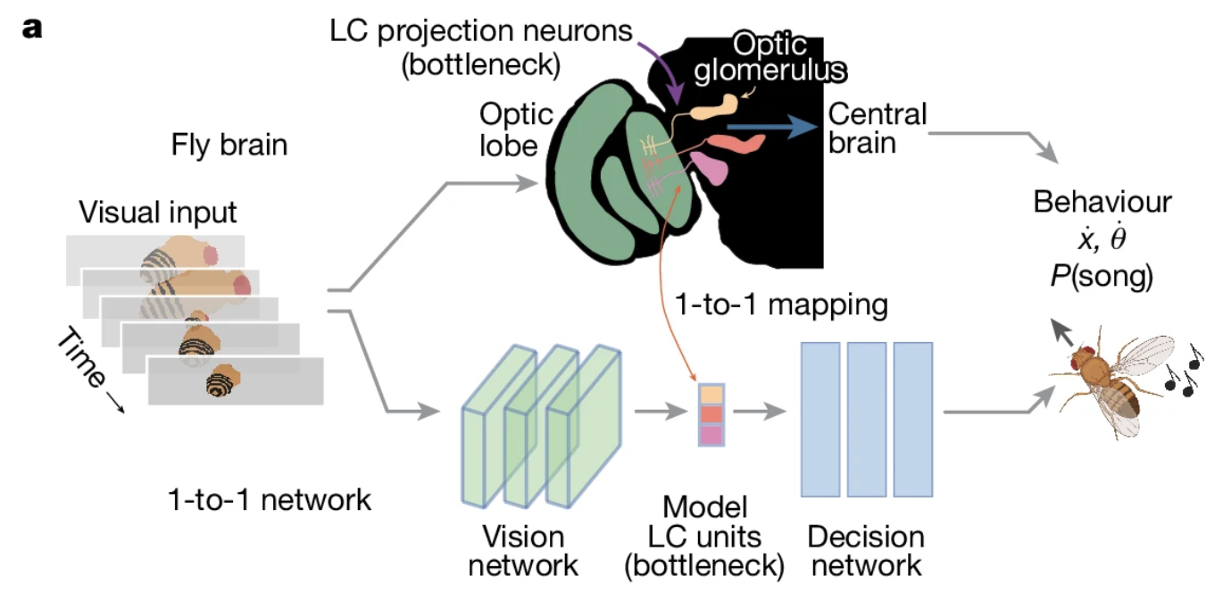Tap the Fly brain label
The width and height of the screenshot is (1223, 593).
[x=229, y=145]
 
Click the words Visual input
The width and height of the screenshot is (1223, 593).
[x=158, y=213]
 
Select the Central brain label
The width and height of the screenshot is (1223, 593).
[x=877, y=129]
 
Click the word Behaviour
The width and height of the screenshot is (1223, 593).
[x=1102, y=202]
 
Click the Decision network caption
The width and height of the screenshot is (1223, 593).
[x=865, y=551]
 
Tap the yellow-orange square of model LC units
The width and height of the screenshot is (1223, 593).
[x=711, y=394]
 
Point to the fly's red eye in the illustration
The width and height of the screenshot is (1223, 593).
[x=1089, y=350]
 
